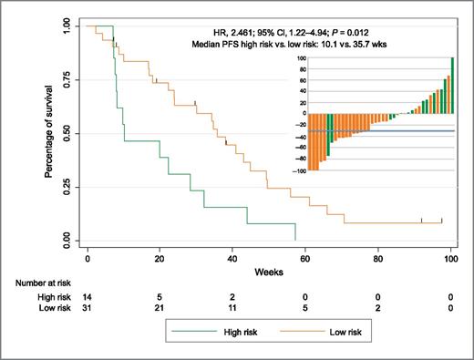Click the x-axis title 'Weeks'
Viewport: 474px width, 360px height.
point(268,271)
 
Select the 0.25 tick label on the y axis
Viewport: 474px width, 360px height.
point(67,187)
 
